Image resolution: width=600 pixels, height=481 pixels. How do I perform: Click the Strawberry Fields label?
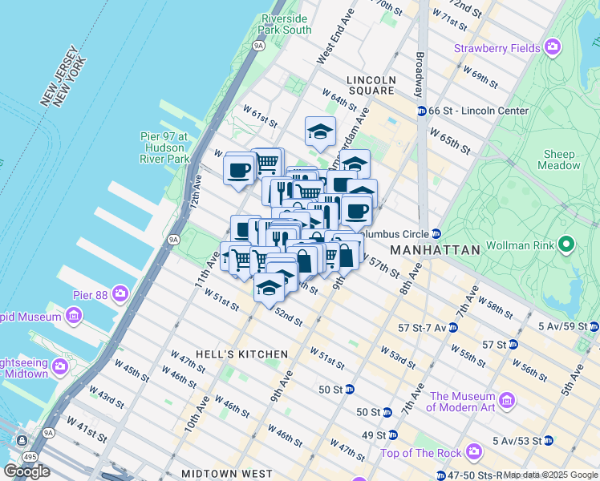click(497, 48)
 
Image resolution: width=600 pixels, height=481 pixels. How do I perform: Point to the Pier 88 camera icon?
click(120, 294)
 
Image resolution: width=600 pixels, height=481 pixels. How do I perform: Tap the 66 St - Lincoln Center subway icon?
click(420, 111)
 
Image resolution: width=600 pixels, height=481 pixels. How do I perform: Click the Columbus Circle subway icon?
click(436, 234)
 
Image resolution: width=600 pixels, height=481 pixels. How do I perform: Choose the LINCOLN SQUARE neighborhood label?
click(371, 86)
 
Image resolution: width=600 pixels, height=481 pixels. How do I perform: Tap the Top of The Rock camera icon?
click(473, 451)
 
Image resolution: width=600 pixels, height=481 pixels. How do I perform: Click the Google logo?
click(26, 471)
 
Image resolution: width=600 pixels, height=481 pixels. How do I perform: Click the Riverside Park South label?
click(285, 24)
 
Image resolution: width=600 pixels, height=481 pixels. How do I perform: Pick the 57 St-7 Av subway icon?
click(453, 327)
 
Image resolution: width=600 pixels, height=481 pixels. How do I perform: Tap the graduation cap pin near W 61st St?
click(320, 131)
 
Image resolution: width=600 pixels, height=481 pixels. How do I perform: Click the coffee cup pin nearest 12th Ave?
click(239, 170)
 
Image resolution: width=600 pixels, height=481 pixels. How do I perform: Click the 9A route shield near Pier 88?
click(172, 239)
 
